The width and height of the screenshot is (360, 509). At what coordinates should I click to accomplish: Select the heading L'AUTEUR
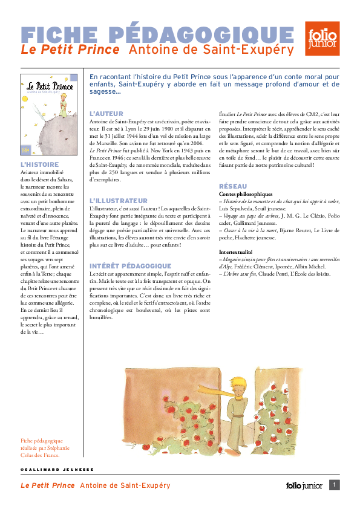106,114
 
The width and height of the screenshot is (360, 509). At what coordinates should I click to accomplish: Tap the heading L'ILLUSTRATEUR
118,200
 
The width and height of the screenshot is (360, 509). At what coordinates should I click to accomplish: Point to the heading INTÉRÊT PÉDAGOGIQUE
130,266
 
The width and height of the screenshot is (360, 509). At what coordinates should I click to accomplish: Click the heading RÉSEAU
232,186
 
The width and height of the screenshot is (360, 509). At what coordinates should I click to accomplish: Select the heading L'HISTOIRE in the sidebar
40,164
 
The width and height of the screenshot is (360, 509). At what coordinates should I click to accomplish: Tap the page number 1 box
335,484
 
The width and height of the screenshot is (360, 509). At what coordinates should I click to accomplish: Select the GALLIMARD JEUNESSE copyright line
57,469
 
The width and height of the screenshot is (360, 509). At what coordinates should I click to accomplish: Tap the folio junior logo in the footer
304,485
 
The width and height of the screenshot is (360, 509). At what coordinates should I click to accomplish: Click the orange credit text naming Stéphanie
45,447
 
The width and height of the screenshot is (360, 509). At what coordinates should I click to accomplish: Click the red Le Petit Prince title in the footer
48,485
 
